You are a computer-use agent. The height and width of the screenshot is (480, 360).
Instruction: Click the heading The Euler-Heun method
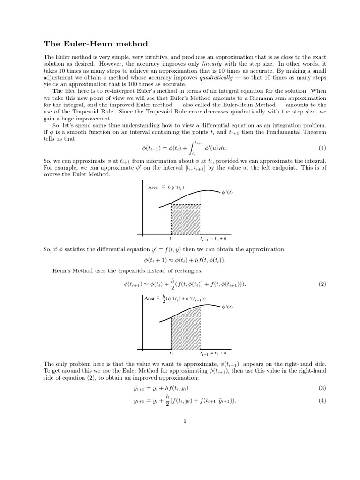click(x=96, y=44)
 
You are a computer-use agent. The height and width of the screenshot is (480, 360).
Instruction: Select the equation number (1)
click(x=322, y=149)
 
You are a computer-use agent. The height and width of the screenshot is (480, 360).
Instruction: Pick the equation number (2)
click(x=322, y=285)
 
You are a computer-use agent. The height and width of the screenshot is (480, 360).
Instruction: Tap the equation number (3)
click(x=322, y=388)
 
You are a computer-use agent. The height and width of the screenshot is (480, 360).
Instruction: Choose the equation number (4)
click(x=322, y=401)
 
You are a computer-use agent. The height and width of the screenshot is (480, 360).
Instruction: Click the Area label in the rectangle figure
click(x=153, y=187)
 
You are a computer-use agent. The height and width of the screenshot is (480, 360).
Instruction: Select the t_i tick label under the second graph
click(x=171, y=354)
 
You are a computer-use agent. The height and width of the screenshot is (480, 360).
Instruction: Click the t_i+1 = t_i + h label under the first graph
click(x=213, y=239)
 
